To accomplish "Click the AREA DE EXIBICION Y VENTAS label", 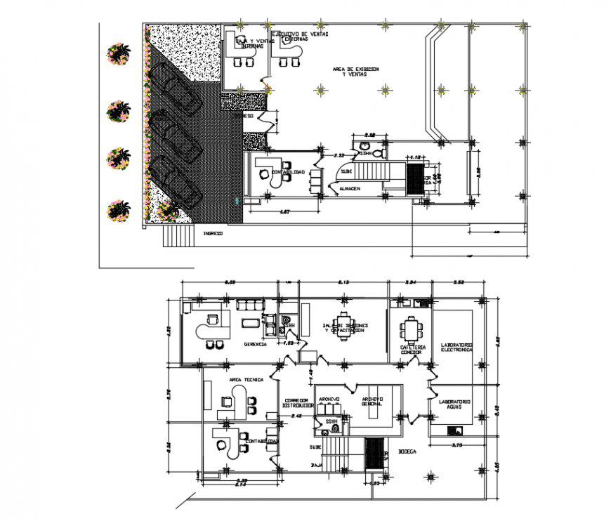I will coord(356,72).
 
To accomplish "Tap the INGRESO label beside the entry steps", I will coord(213,232).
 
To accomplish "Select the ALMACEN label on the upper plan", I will coord(349,189).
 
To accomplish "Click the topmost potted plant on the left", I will coord(117,53).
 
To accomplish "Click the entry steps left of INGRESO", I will coord(177,236).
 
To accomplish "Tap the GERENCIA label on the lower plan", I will coord(254,345).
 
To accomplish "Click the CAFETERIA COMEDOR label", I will coord(412,350).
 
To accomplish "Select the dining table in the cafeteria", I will coord(411,329).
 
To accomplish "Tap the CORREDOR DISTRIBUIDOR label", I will coord(293,403).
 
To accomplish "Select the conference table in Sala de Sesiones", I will coord(345,325).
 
